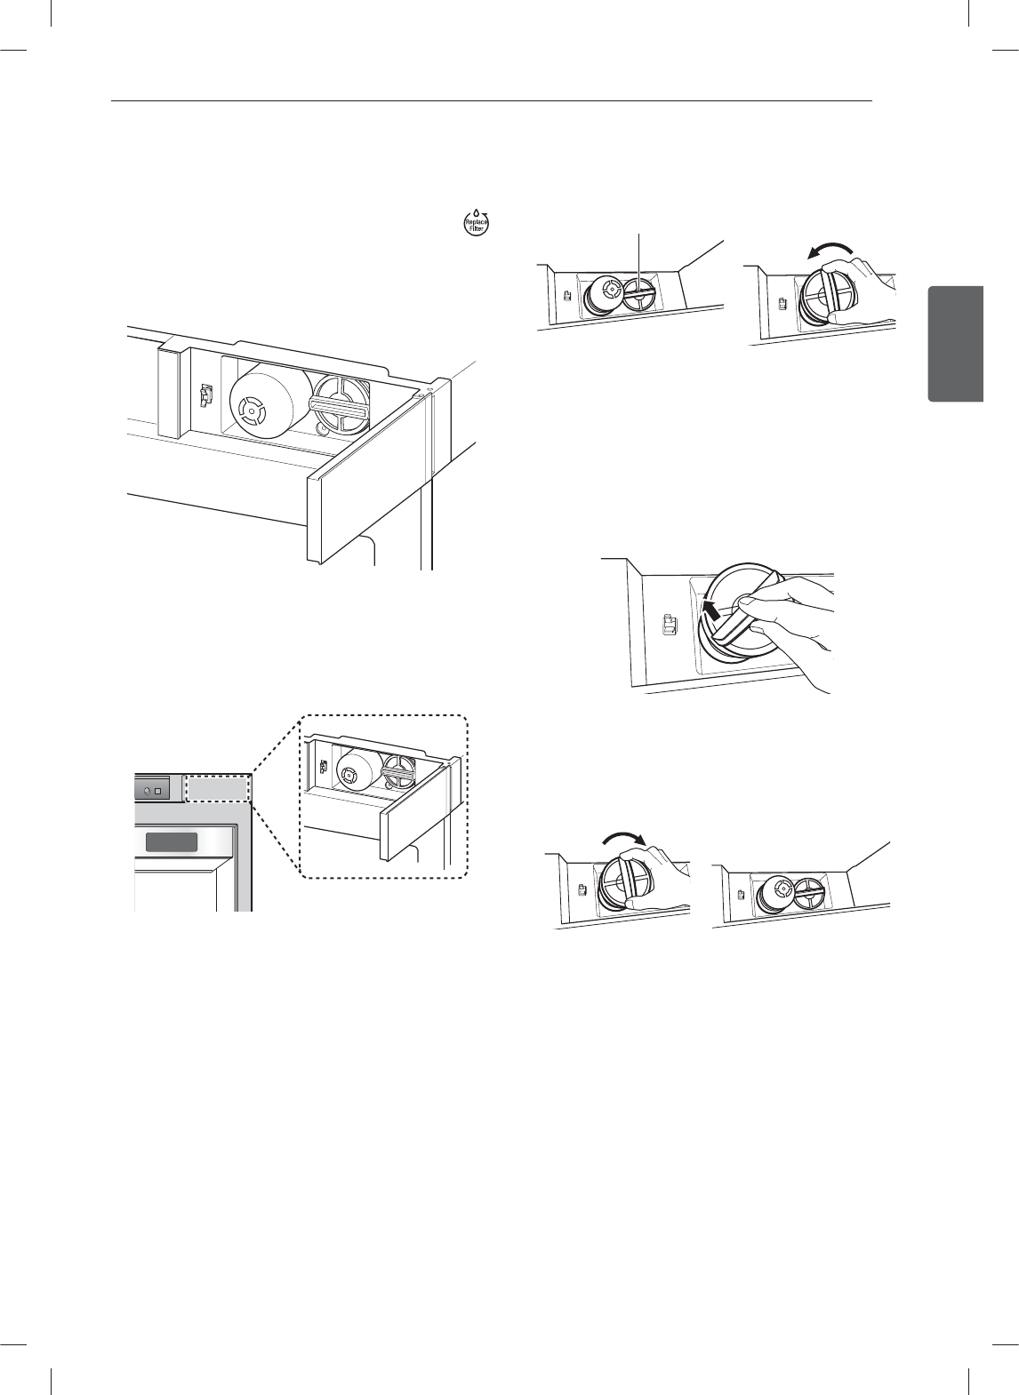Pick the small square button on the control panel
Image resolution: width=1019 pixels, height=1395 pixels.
158,790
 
